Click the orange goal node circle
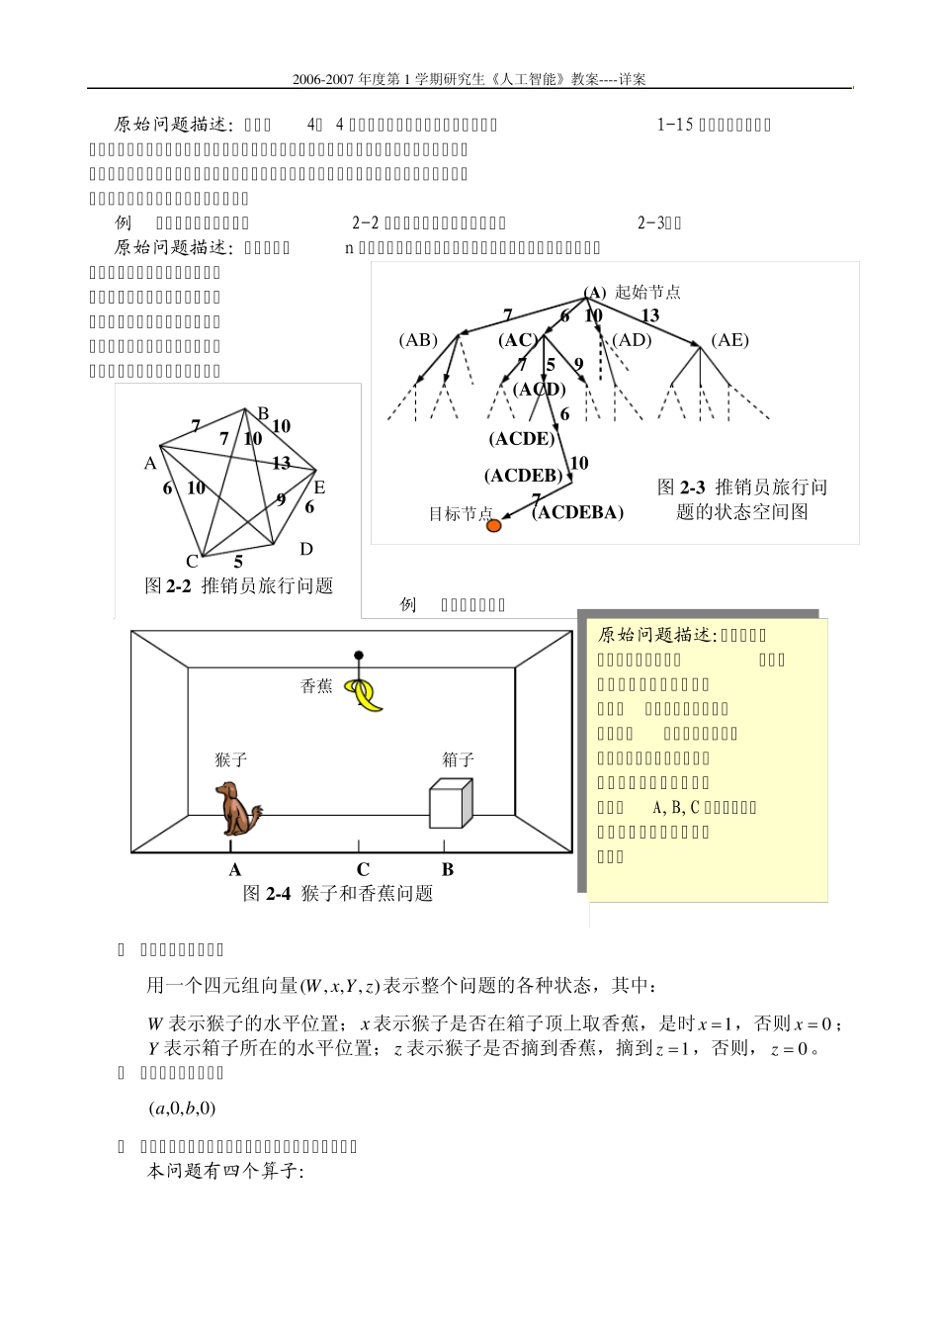coord(493,526)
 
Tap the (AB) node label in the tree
coord(418,340)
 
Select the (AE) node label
coord(729,340)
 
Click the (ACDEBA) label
coord(577,512)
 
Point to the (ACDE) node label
coord(522,438)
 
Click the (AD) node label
coord(632,340)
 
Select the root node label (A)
coord(594,292)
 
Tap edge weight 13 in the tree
coord(649,315)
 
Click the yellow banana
coord(369,696)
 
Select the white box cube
coord(451,803)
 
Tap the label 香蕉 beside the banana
coord(316,686)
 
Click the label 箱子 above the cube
coord(459,759)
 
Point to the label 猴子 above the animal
coord(230,759)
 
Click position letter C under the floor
coord(363,869)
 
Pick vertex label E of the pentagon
coord(319,487)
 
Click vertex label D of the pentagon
coord(306,549)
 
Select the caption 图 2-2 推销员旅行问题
coord(239,585)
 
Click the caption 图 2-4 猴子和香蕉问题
coord(338,893)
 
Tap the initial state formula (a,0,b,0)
coord(182,1108)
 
